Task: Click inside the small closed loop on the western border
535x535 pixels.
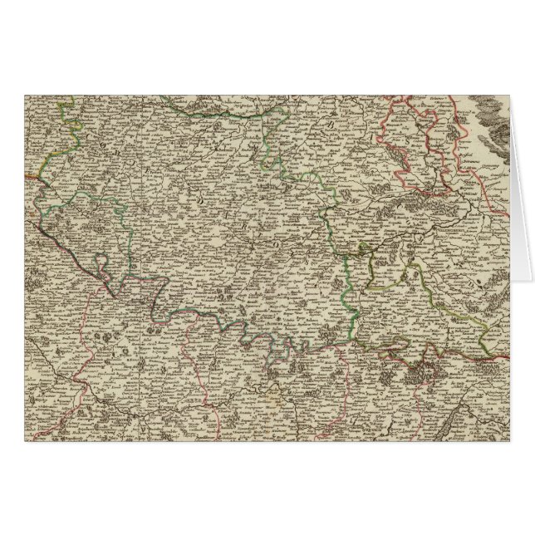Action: pyautogui.click(x=101, y=268)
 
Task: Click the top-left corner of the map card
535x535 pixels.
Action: pyautogui.click(x=24, y=95)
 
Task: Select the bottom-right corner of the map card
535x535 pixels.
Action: pyautogui.click(x=510, y=440)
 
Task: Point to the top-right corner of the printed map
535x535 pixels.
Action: pyautogui.click(x=510, y=95)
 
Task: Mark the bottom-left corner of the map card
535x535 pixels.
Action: pyautogui.click(x=24, y=440)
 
